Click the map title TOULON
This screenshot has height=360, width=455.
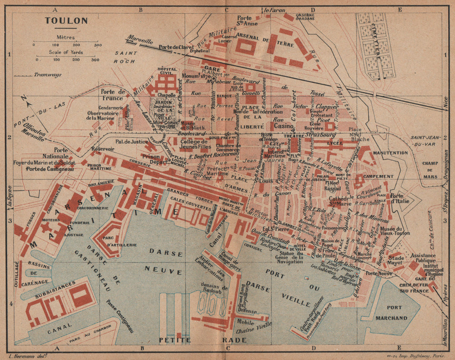(x=60, y=20)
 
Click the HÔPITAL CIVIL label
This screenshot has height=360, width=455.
(x=167, y=71)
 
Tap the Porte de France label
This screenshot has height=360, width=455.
(x=113, y=94)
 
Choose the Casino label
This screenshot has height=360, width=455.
(x=283, y=126)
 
